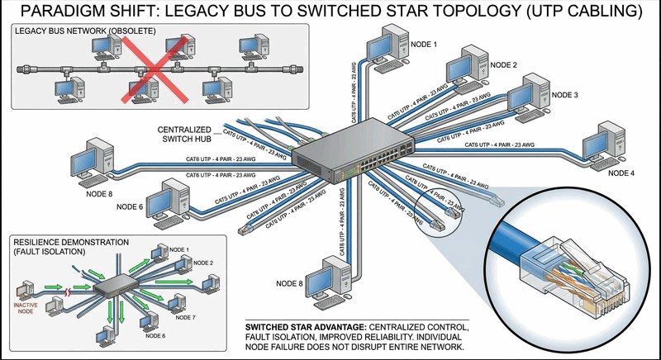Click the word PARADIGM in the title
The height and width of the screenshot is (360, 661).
point(67,12)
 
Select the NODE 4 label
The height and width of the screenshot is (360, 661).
point(621,173)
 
